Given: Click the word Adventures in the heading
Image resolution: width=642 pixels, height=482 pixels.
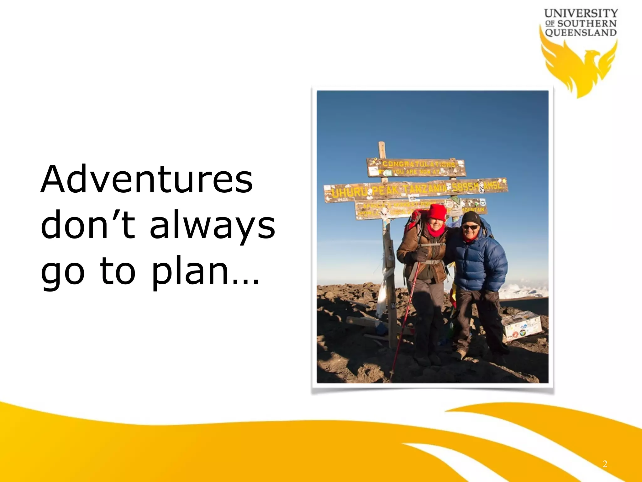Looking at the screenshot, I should tap(146, 179).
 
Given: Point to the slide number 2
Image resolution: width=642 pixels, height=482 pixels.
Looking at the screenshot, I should tap(605, 464).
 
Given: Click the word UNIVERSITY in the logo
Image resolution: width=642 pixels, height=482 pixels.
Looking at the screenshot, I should tap(581, 13).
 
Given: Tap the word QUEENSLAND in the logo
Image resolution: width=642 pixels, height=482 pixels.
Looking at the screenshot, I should tap(581, 33).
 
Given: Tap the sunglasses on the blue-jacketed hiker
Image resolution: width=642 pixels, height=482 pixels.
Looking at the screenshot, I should tap(471, 227).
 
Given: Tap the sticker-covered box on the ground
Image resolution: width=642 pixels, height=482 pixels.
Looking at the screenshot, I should tap(522, 325).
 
